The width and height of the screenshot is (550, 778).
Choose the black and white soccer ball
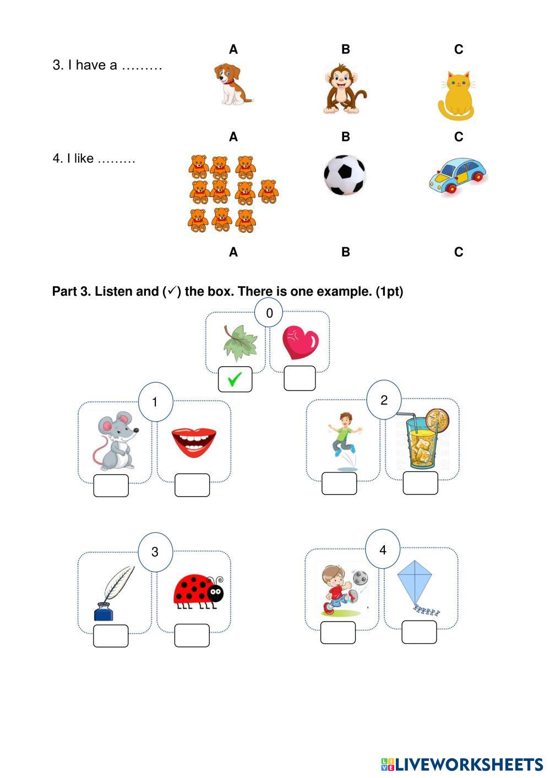coord(345,175)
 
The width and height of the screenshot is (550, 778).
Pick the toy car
coord(458,175)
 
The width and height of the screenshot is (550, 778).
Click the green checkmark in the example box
coord(235,379)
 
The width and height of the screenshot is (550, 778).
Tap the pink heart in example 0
coord(300,342)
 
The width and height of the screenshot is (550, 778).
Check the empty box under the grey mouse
coord(111,486)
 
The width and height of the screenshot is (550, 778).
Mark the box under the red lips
coord(192,485)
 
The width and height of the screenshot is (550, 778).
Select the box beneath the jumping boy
coord(339,483)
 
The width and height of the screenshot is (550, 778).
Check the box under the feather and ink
coord(111,635)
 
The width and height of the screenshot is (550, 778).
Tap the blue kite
coord(416,585)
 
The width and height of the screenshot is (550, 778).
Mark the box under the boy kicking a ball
coord(338,633)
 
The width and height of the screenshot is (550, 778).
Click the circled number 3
coord(155,552)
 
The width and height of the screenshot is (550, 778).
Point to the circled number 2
coord(384,400)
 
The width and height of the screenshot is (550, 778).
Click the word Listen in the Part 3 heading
coord(112,291)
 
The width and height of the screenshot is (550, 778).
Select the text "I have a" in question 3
coord(85,65)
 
